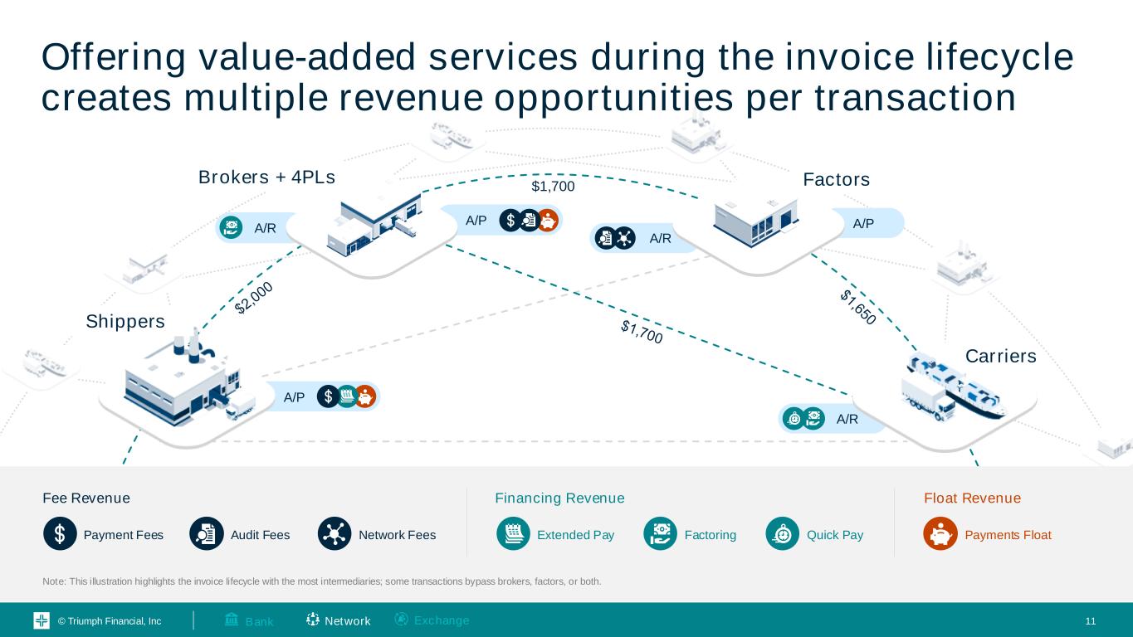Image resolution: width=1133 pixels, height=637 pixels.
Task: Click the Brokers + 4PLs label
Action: coord(266,177)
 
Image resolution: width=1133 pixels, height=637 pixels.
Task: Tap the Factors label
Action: coord(836,179)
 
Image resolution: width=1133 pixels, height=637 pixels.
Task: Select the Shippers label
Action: coord(125,321)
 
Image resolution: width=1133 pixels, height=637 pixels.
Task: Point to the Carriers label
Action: coord(1001,356)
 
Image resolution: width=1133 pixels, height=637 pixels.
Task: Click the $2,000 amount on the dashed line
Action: coord(254,298)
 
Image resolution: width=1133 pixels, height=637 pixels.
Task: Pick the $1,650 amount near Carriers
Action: coord(857,306)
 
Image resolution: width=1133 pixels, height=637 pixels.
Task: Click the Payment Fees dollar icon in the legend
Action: coord(60,535)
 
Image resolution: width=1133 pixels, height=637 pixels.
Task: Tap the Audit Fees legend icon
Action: coord(206,535)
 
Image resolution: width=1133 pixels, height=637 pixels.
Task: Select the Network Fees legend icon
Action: coord(335,535)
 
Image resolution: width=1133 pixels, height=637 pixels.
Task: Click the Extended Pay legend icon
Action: coord(513,535)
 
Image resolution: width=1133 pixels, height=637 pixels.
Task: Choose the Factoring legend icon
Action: coord(660,535)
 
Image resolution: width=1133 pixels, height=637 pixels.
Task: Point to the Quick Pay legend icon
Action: coord(782,535)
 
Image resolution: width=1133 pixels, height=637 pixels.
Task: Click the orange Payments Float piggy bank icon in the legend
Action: coord(940,535)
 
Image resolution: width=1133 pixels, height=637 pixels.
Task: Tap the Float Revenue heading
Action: coord(972,498)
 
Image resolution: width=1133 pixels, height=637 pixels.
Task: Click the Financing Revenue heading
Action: coord(559,498)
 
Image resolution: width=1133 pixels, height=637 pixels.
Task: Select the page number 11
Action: coord(1091,621)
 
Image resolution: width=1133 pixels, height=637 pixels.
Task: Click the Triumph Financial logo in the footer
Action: coord(42,621)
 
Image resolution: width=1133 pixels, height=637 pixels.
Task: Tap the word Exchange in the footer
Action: coord(441,620)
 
